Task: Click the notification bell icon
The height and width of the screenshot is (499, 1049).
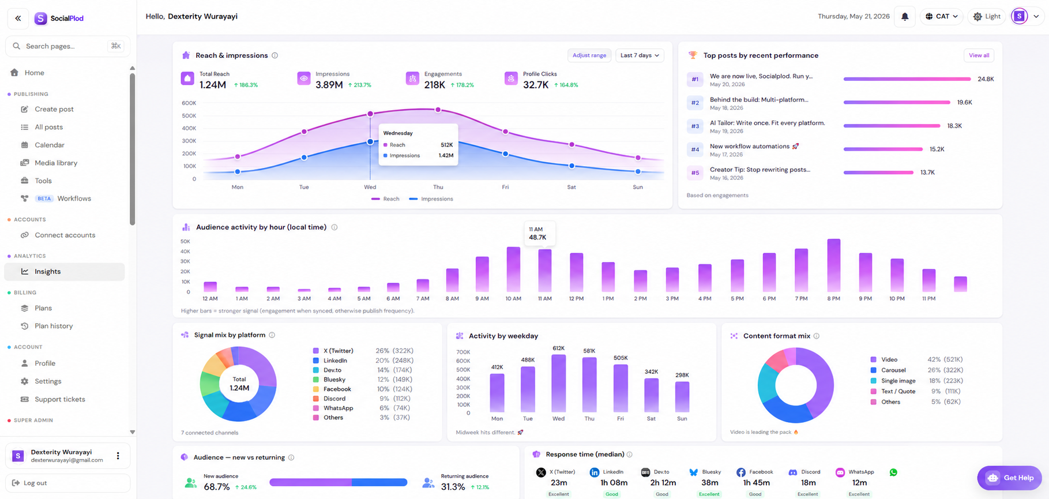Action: point(905,17)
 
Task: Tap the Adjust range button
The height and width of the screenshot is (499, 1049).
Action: point(589,55)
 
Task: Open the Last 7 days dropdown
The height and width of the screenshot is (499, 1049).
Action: point(640,55)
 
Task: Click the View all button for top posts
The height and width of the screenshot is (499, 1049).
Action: point(979,55)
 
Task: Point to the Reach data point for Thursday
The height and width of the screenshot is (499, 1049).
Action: point(438,110)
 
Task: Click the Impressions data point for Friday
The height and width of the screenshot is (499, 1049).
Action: point(505,154)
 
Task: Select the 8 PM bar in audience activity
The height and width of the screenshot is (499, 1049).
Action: point(833,265)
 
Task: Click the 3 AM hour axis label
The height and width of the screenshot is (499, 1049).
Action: point(304,299)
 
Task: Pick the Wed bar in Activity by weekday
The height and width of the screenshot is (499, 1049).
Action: point(558,383)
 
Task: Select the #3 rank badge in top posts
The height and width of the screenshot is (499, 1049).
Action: point(695,126)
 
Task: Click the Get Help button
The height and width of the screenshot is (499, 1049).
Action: point(1010,478)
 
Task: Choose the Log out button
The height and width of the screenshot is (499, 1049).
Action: point(67,483)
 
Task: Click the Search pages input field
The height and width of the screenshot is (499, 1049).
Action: point(67,46)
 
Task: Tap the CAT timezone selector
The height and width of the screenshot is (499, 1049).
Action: point(942,17)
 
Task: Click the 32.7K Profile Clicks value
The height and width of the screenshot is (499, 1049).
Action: point(536,85)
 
